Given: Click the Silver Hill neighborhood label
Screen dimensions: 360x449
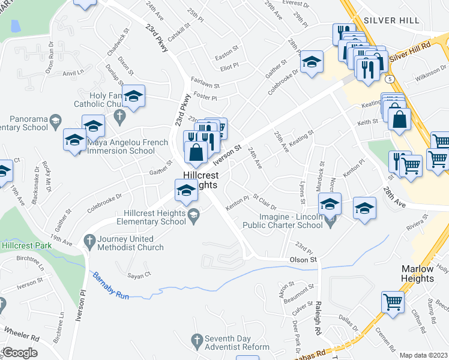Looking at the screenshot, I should [392, 20].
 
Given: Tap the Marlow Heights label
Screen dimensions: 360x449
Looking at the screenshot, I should [418, 274].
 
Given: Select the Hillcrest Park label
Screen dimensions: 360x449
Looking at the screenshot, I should [25, 246].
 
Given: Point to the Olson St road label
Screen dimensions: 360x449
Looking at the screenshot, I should [303, 260].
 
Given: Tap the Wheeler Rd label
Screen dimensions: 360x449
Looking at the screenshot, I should [22, 332].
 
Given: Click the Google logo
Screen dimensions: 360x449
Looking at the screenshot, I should [19, 353].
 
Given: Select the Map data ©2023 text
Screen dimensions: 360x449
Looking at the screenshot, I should [423, 355].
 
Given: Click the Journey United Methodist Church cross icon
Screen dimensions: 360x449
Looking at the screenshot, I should [89, 241].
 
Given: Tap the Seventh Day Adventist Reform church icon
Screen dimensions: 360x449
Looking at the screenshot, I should [196, 341].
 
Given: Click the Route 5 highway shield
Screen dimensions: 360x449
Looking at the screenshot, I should [391, 79].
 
